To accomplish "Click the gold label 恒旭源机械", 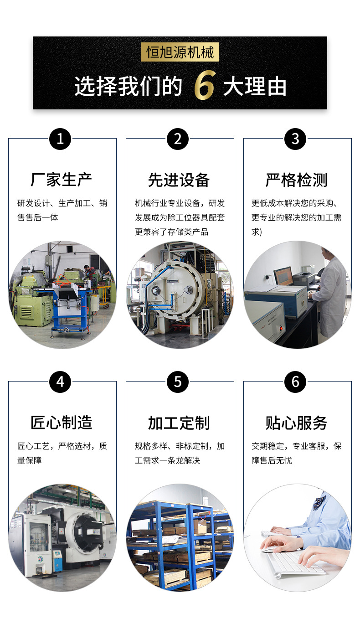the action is tap(180, 52).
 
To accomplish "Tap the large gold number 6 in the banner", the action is tap(205, 85).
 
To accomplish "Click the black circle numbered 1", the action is tap(60, 139).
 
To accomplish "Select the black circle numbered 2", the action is tap(178, 139).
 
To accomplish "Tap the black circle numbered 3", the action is tap(295, 139).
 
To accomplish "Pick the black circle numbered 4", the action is tap(60, 382).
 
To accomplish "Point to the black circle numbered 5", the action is tap(178, 382).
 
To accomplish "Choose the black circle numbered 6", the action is tap(295, 382).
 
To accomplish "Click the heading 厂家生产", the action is tap(61, 180).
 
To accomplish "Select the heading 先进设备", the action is tap(179, 180).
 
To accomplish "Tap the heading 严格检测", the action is tap(296, 180).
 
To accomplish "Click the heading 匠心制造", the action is tap(61, 423).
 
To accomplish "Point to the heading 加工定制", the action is tap(179, 423).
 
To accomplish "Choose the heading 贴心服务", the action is tap(296, 423).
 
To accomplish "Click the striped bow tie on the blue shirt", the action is tap(319, 502).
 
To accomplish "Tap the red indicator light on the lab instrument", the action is tap(281, 329).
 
